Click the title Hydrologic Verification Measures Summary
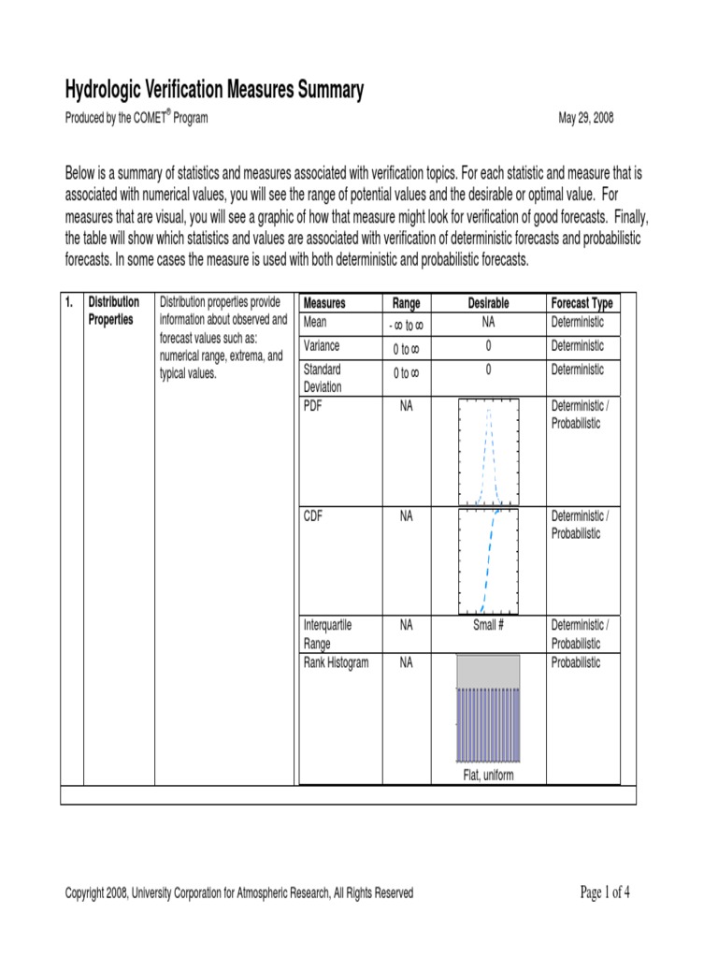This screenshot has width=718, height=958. (214, 90)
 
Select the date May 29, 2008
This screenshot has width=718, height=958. (585, 119)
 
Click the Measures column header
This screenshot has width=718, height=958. (324, 303)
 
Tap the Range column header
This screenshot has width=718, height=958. (406, 303)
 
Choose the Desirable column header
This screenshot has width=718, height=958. (488, 303)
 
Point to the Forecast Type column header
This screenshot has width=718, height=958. (582, 303)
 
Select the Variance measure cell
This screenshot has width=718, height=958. (323, 346)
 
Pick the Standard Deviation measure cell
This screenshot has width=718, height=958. (323, 378)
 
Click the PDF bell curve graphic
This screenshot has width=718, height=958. (488, 453)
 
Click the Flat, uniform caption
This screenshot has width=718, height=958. (488, 776)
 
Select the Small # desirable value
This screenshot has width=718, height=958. (488, 625)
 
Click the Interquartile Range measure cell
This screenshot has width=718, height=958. (328, 633)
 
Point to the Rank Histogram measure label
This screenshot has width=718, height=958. (337, 663)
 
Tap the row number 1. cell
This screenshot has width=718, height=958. (70, 302)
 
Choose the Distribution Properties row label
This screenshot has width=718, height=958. (114, 311)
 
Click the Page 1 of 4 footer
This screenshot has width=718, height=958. (605, 892)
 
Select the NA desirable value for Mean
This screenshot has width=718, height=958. (488, 323)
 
